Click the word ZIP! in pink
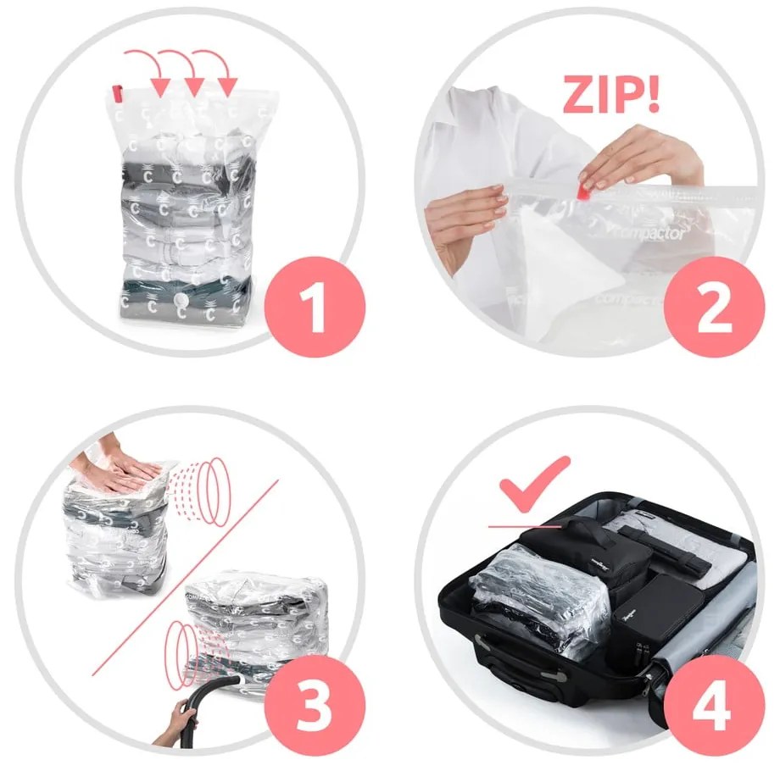click(x=610, y=95)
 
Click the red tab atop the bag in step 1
click(x=118, y=92)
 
